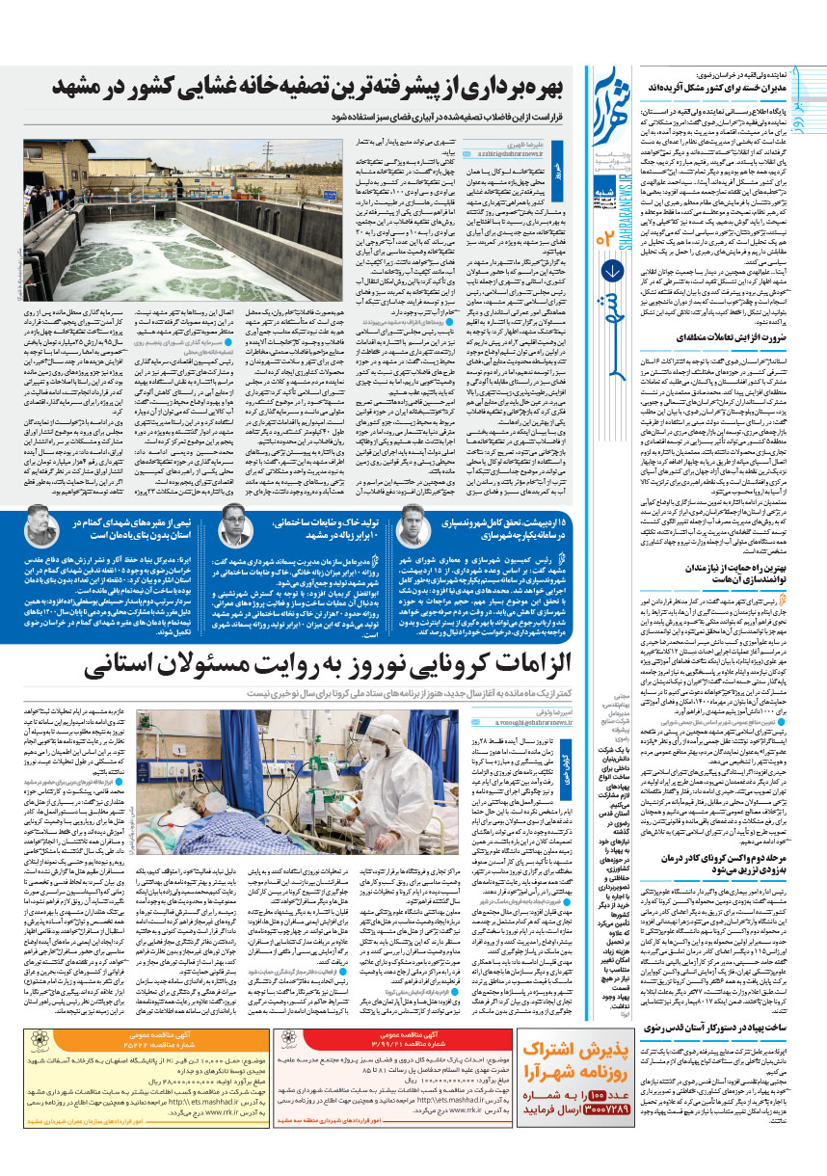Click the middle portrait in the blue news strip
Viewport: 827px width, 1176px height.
click(235, 528)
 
